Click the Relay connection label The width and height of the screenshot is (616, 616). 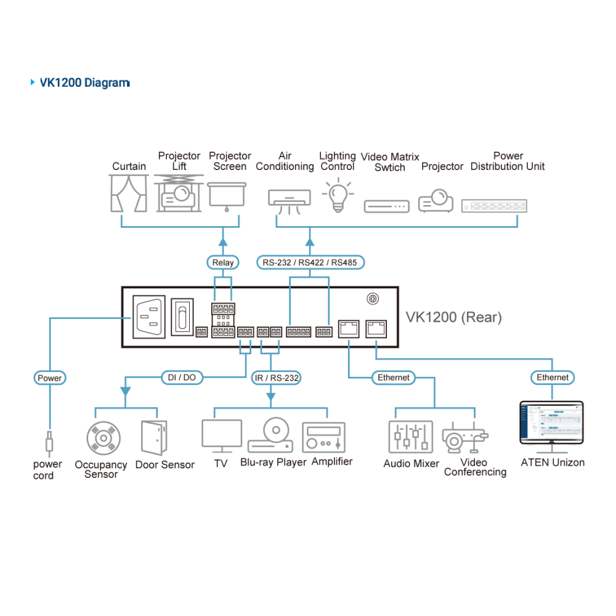point(223,262)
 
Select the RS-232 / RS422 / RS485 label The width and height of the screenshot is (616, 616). point(310,262)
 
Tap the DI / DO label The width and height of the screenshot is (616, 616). point(182,378)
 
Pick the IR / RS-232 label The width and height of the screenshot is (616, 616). point(276,378)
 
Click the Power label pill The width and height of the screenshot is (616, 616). point(49,378)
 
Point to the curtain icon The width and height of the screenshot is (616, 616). point(129,193)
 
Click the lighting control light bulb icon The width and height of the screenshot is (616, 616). point(338,195)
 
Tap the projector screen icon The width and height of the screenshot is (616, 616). point(227,197)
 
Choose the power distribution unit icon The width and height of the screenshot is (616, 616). point(494,206)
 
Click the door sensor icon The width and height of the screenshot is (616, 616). point(155,437)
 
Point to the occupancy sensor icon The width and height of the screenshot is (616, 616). point(103,438)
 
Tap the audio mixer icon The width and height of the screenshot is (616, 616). point(410,437)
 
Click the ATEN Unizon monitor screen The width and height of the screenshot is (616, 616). point(551,423)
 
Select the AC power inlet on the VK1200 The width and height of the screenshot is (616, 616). point(149,317)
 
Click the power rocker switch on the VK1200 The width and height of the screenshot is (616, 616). point(182,317)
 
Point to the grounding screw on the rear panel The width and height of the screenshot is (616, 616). point(373,299)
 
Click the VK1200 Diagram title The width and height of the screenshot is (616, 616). point(85,83)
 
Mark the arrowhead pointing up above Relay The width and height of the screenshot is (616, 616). point(223,241)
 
